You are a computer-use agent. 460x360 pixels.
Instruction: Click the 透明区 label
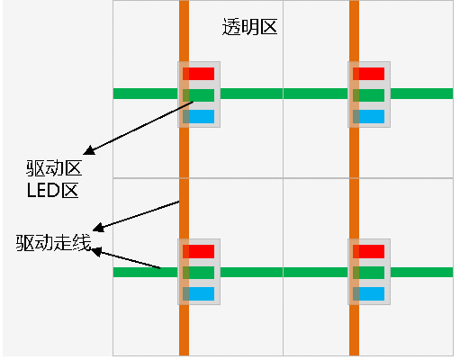point(249,27)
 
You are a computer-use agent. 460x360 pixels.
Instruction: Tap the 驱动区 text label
point(54,168)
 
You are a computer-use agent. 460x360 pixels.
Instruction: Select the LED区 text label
point(53,190)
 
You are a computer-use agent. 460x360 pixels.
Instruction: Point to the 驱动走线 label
point(53,242)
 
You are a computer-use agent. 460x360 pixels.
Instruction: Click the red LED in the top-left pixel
point(198,74)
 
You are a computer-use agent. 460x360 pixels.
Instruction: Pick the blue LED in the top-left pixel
point(198,116)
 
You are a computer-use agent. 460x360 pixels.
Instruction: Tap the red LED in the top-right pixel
point(368,74)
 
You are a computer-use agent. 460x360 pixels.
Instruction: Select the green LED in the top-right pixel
point(368,95)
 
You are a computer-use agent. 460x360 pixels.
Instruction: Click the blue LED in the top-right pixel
point(368,116)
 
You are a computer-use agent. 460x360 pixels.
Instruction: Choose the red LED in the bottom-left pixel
point(198,251)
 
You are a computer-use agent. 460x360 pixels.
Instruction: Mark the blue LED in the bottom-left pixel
point(198,293)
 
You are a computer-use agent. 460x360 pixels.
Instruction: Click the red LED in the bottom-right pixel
point(368,251)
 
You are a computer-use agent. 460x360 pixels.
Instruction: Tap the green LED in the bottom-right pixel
point(368,273)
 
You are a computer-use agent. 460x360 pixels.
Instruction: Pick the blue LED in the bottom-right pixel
point(368,293)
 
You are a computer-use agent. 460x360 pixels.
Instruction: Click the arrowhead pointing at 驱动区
point(89,150)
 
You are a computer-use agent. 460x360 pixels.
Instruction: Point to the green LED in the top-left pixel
point(198,95)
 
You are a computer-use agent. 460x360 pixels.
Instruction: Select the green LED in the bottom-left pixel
point(198,273)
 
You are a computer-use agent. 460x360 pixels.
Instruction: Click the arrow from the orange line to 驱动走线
point(136,216)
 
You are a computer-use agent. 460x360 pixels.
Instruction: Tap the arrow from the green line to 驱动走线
point(125,257)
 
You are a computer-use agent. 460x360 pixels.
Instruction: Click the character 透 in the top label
point(231,27)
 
